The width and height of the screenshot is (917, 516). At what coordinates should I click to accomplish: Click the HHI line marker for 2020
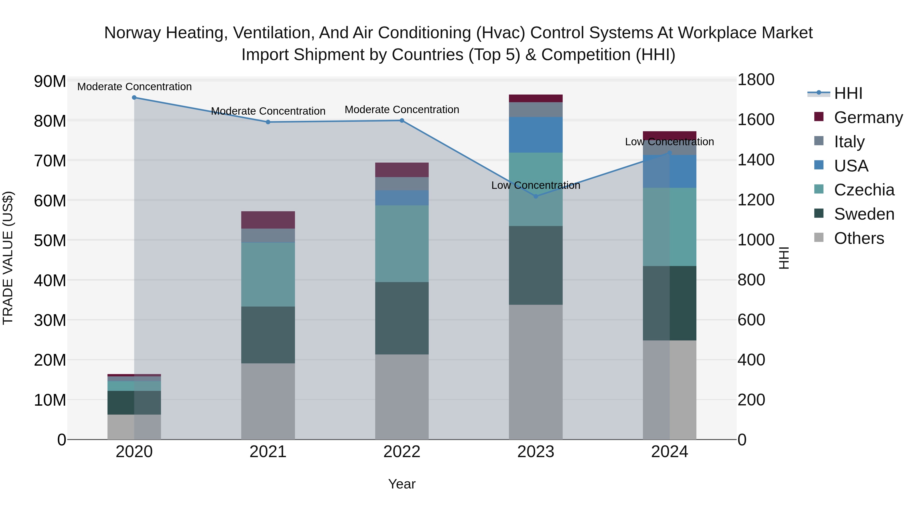134,98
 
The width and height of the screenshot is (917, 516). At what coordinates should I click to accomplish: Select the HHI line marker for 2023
536,196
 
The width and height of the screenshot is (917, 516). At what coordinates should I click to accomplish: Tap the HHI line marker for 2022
402,120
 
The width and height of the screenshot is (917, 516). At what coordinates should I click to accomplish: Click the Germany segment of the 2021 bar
268,220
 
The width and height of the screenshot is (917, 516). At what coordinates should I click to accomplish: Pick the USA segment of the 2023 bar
536,135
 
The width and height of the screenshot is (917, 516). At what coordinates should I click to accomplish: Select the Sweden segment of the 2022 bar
402,318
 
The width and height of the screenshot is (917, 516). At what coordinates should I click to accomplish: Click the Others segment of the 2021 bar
268,401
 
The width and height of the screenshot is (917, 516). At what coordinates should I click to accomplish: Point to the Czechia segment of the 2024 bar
670,227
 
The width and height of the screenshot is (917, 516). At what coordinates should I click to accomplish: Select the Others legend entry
859,238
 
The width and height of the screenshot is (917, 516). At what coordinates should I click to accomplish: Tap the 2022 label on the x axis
402,452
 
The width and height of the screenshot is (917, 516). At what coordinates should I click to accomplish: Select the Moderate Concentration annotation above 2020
134,87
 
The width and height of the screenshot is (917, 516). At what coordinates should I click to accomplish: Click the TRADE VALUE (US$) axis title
8,258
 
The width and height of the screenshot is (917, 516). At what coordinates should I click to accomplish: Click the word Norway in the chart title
132,33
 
